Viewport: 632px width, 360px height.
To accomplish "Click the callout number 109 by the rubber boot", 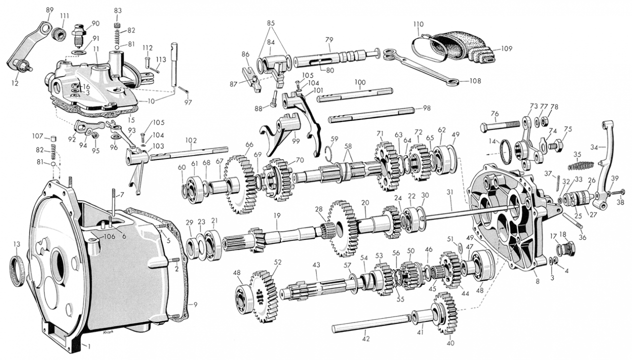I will coord(506,49).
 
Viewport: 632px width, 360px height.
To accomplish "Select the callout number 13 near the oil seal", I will coord(16,244).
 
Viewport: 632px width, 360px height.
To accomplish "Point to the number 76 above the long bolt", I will coord(494,113).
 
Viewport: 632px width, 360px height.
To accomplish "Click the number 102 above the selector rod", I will coord(191,140).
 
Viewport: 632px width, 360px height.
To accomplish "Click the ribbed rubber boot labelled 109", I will coord(460,47).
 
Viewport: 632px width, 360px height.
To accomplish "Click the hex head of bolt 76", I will coord(484,128).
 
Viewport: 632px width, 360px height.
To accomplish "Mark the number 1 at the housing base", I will coord(88,346).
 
